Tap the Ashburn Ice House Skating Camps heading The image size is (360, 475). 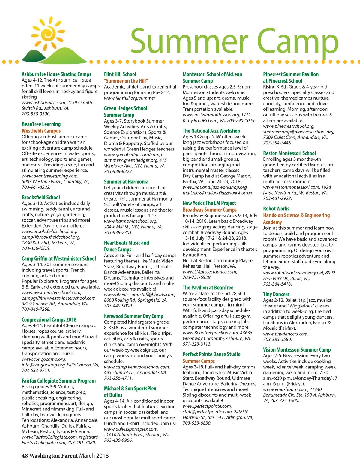(56, 74)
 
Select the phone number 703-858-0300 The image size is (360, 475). (36, 114)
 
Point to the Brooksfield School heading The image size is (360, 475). (41, 197)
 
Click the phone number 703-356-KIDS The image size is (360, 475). (36, 248)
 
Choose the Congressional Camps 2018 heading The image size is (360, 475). (49, 319)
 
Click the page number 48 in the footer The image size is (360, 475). (25, 455)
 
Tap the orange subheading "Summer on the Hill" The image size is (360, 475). (126, 81)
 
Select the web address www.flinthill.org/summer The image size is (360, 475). (130, 98)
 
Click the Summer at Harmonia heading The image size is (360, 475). (126, 182)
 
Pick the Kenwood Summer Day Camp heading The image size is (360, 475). (133, 316)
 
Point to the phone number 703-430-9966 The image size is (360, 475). (118, 440)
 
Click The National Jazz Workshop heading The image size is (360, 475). (211, 131)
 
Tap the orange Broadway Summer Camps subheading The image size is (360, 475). (209, 210)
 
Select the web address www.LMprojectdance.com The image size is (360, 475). (210, 272)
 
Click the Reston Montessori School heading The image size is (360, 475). (289, 153)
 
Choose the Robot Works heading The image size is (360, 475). (276, 208)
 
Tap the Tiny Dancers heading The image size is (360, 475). (276, 294)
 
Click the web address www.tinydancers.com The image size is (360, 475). (286, 334)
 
